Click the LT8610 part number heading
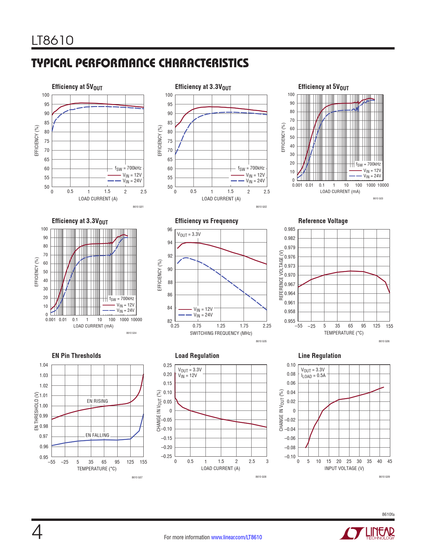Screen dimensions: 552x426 [52, 40]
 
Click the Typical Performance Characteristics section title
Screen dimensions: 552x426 [140, 63]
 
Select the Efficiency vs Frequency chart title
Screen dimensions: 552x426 [206, 221]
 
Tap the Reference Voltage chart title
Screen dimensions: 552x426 [323, 221]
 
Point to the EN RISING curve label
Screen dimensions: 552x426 [97, 401]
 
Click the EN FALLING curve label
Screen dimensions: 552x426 [97, 435]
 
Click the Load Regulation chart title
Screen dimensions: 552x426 [197, 356]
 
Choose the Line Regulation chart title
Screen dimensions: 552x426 [319, 356]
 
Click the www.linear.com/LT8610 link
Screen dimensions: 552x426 [237, 537]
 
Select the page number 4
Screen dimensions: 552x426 [37, 533]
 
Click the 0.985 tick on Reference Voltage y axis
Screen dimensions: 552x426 [290, 229]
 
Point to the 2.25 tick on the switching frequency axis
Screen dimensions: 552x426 [267, 326]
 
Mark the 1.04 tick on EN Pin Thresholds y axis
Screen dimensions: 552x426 [44, 365]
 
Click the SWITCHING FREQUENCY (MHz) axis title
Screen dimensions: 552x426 [221, 333]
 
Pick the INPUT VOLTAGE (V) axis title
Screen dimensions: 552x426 [344, 468]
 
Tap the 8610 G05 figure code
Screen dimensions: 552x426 [261, 341]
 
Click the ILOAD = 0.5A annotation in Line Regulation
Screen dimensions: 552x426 [313, 376]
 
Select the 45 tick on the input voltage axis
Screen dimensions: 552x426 [390, 461]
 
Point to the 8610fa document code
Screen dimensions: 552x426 [388, 515]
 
